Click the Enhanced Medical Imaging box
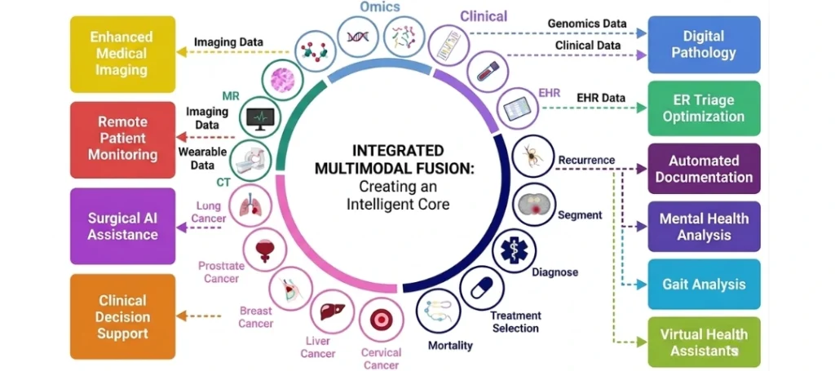pos(122,55)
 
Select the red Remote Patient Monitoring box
pos(122,139)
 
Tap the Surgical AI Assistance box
pos(122,226)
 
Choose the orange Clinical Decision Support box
pos(122,316)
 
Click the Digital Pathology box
pos(704,45)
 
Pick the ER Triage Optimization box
pos(704,108)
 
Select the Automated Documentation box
pos(704,168)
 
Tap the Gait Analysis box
pos(704,285)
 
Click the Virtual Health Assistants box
pos(704,342)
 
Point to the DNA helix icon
pos(359,36)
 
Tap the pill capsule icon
pos(481,288)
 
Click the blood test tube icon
pos(488,71)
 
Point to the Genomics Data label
pos(587,24)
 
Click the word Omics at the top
pos(380,7)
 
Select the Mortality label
pos(450,346)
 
